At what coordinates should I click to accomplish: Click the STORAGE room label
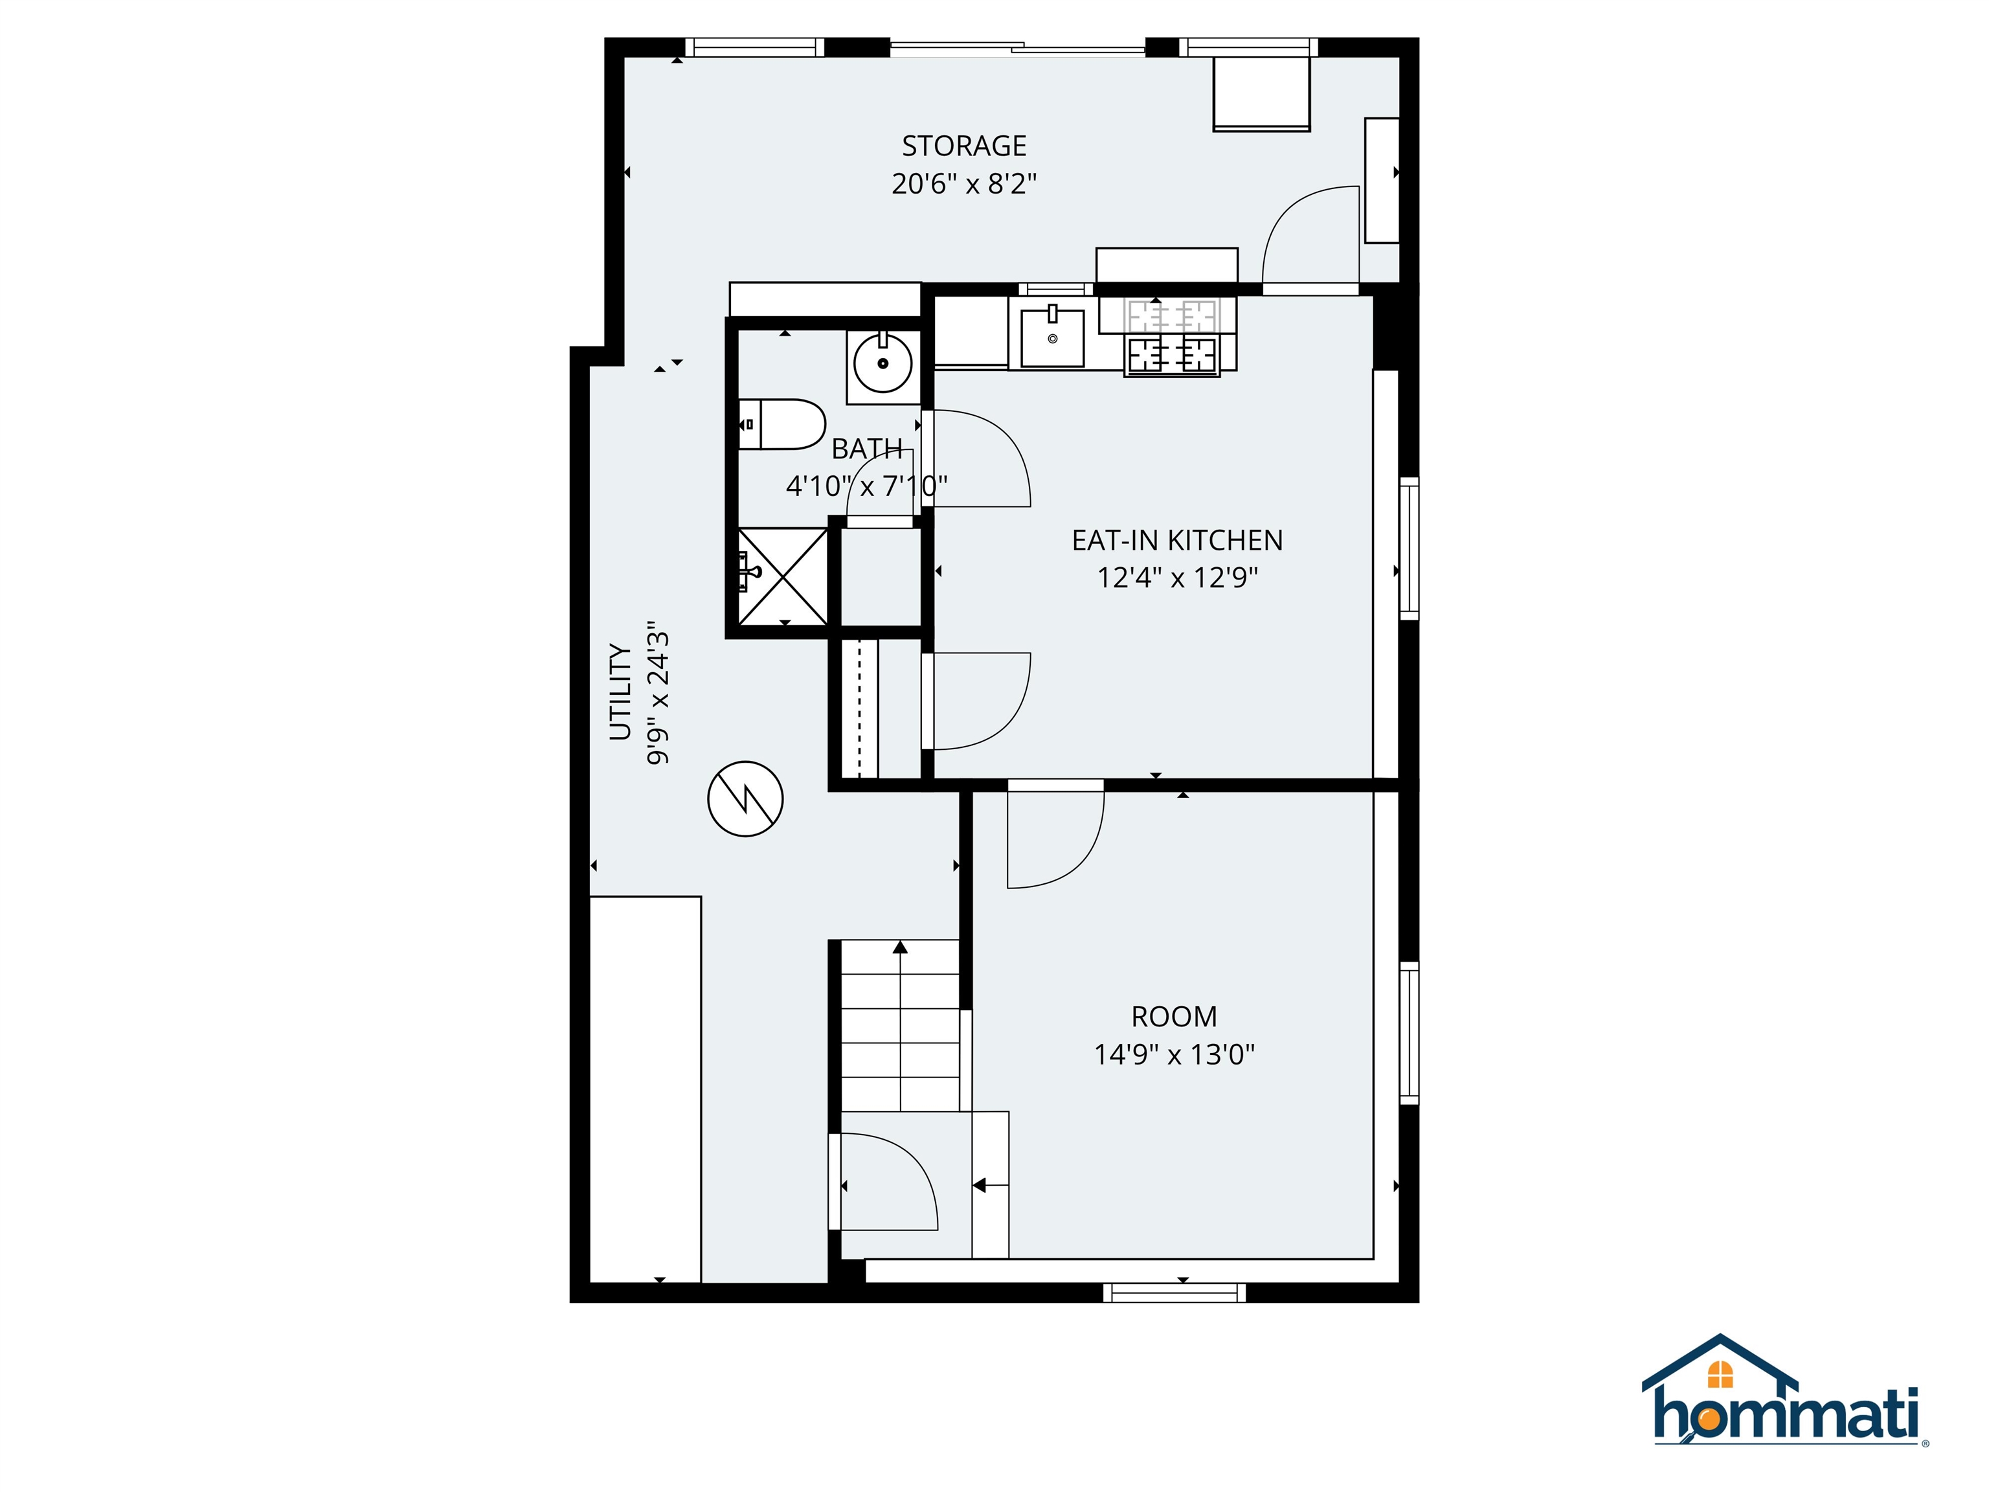click(964, 146)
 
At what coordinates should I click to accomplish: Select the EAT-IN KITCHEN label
click(1177, 539)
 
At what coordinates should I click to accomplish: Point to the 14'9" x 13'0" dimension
click(1174, 1054)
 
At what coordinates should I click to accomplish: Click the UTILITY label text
click(620, 692)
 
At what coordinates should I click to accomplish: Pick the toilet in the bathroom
click(782, 425)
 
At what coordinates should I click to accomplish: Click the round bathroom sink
click(883, 364)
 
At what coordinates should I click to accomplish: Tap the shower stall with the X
click(782, 576)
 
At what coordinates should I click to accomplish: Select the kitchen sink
click(1052, 338)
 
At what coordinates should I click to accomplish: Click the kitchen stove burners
click(1172, 354)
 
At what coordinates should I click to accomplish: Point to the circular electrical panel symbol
click(745, 798)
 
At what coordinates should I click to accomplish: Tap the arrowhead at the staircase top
click(900, 947)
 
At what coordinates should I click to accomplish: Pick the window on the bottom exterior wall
click(1174, 1293)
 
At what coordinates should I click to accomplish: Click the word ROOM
click(1174, 1016)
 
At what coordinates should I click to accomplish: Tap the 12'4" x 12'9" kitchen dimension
click(1177, 578)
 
